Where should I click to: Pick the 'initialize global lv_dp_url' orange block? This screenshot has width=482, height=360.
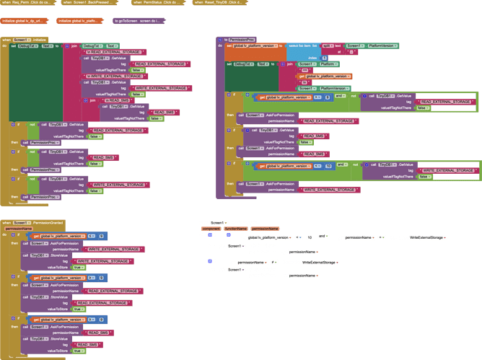tap(25, 21)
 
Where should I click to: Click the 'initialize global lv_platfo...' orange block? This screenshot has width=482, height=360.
tap(78, 21)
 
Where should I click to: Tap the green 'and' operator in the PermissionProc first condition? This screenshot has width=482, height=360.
tap(338, 97)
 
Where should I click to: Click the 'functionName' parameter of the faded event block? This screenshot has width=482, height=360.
tap(235, 229)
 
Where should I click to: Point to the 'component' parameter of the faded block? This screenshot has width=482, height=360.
tap(213, 229)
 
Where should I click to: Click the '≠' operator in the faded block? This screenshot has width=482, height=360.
tap(275, 262)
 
